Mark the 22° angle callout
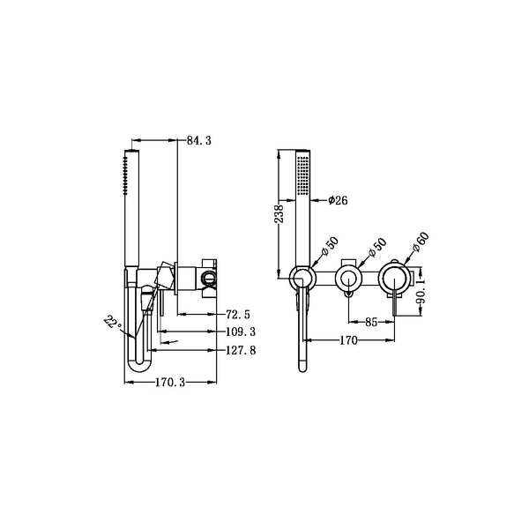(x=112, y=322)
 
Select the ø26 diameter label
(x=339, y=201)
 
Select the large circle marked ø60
(x=394, y=279)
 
